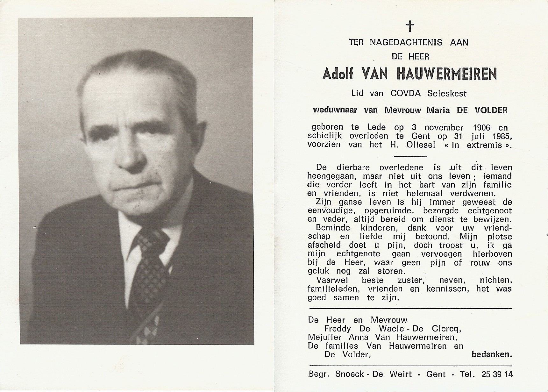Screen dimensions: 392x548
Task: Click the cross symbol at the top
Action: tap(410, 26)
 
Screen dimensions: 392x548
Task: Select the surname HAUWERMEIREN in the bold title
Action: tap(446, 74)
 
